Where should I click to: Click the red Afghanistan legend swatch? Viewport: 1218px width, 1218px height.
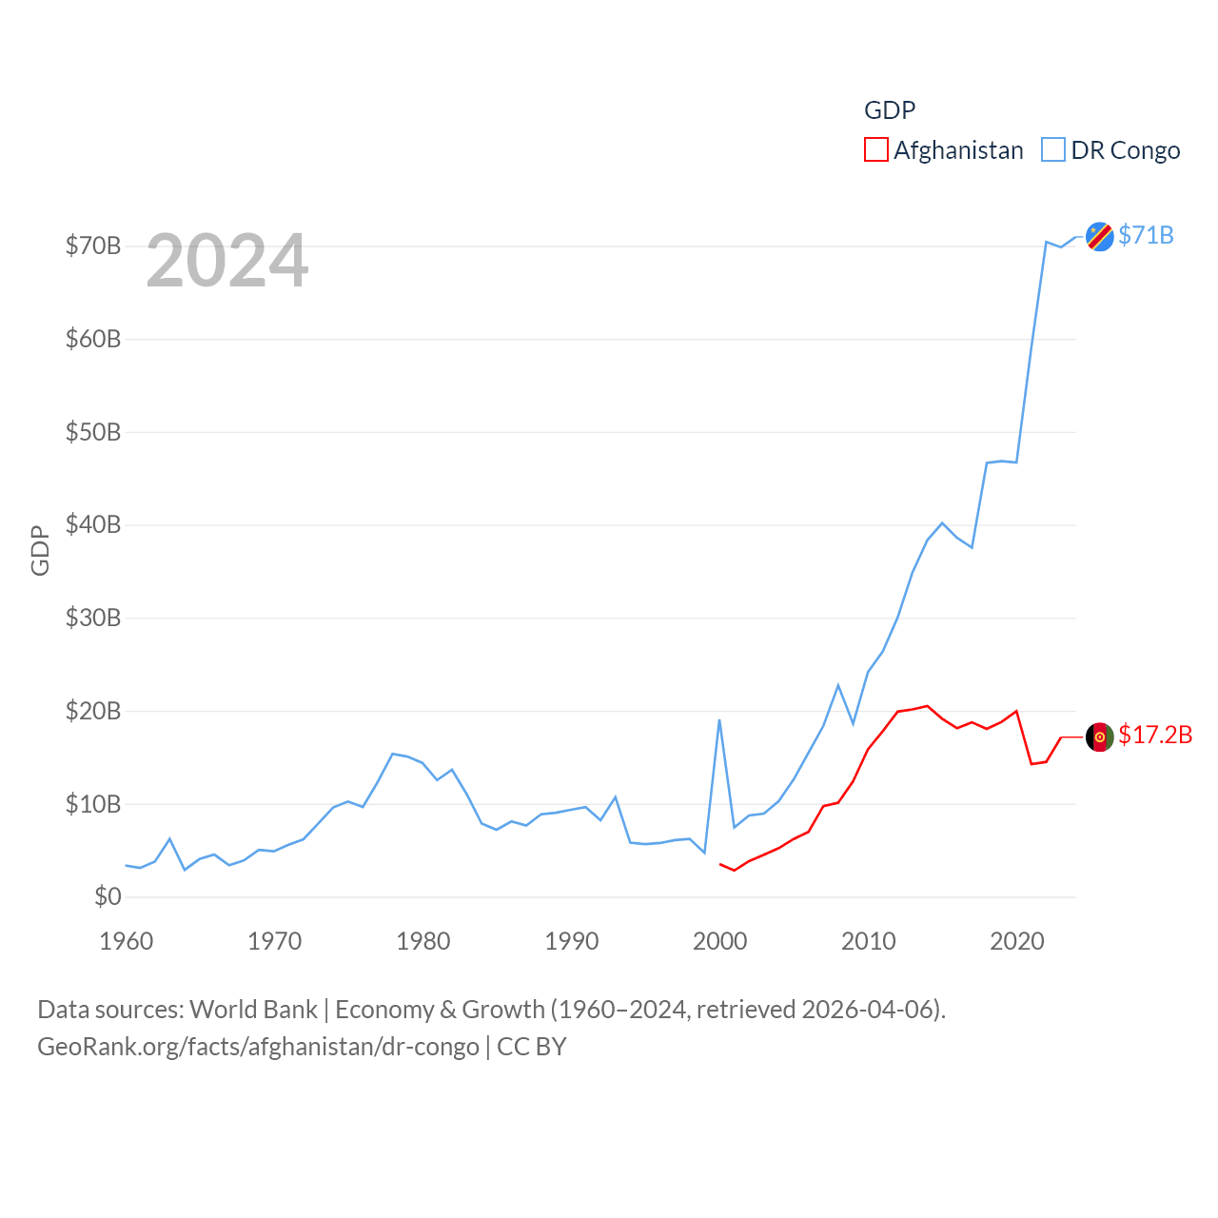coord(875,150)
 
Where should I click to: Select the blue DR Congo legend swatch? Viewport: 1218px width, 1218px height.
coord(1052,150)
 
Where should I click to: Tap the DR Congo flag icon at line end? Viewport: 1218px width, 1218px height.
coord(1099,236)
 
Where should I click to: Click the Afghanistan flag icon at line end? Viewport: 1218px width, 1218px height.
coord(1099,737)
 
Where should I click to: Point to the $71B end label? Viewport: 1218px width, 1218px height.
coord(1146,235)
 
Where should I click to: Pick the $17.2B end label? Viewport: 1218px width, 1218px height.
coord(1154,735)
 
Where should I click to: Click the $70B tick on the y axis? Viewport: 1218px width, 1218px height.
coord(93,246)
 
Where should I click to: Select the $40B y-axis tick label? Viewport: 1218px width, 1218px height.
coord(93,524)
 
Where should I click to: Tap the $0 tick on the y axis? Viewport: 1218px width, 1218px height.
coord(108,896)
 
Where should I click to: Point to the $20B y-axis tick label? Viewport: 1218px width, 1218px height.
coord(93,711)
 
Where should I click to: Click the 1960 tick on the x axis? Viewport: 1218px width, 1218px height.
coord(127,941)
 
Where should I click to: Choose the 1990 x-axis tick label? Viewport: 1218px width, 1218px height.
coord(572,941)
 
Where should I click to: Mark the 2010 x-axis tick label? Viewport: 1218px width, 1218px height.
coord(869,941)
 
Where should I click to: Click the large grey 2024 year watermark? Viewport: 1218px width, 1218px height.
coord(227,261)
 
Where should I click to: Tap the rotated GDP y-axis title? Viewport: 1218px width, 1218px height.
coord(40,550)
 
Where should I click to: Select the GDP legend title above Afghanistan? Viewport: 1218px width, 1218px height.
coord(890,110)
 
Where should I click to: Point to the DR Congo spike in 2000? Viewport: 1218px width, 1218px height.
coord(719,720)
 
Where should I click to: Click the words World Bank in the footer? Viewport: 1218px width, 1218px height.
coord(253,1009)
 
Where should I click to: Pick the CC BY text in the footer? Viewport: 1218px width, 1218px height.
coord(531,1047)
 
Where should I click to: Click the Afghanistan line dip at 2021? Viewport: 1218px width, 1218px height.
coord(1031,763)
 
